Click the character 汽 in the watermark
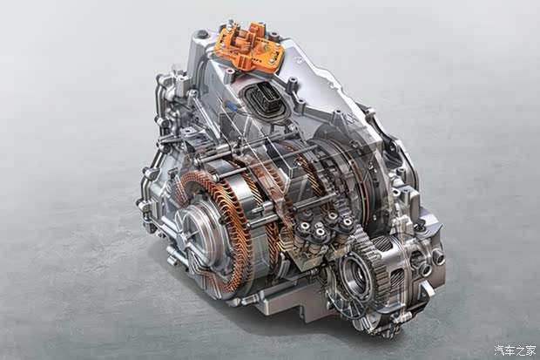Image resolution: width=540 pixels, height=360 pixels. point(500,350)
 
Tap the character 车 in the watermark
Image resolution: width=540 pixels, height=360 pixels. point(510,350)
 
